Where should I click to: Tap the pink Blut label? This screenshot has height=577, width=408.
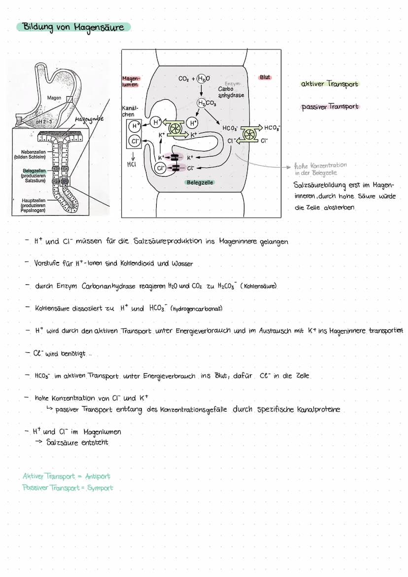pyautogui.click(x=265, y=77)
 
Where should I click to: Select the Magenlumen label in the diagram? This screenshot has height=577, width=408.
pyautogui.click(x=131, y=81)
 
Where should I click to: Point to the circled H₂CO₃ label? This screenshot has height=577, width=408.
pyautogui.click(x=203, y=103)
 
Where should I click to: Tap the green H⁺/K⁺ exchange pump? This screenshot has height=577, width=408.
pyautogui.click(x=173, y=128)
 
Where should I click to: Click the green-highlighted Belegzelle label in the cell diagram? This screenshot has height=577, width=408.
pyautogui.click(x=200, y=183)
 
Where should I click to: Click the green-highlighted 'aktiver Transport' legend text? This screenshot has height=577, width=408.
pyautogui.click(x=330, y=84)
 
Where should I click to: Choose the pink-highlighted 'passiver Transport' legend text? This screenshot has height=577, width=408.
pyautogui.click(x=330, y=107)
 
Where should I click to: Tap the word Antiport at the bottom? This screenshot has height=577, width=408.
pyautogui.click(x=98, y=476)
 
